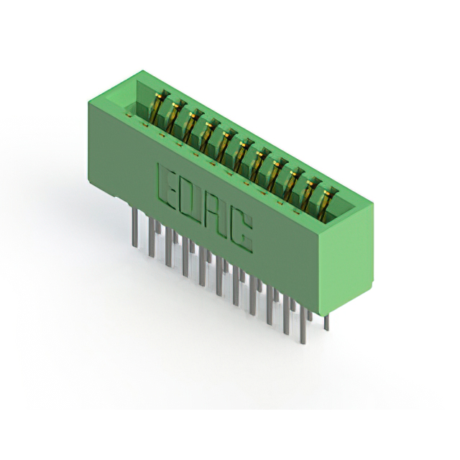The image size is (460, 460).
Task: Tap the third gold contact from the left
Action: [193, 126]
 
